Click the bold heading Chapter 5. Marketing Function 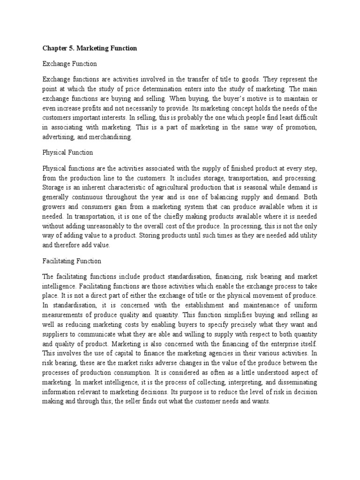(90, 48)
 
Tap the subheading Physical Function (67, 152)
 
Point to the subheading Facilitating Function (72, 261)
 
